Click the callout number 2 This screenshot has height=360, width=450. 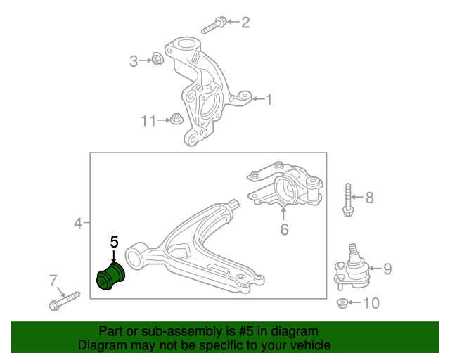coord(245,22)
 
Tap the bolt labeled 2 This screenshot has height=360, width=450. coord(213,27)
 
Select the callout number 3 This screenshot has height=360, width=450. coord(134,62)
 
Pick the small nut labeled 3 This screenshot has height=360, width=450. coord(157,58)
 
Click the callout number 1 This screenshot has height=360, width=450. coord(268,100)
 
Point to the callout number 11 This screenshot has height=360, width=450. coord(148,121)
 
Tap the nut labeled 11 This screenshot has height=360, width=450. coord(176,120)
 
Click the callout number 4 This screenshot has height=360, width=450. coord(78,224)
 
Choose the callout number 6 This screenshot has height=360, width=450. coord(284,229)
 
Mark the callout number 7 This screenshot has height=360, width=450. coord(53,281)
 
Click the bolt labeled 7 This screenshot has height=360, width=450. coord(63,300)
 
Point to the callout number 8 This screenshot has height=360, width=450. coord(369,198)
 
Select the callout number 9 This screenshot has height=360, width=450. coord(387,268)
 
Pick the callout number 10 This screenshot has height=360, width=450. coord(371,303)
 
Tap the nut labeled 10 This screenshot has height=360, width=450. coord(342,303)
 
